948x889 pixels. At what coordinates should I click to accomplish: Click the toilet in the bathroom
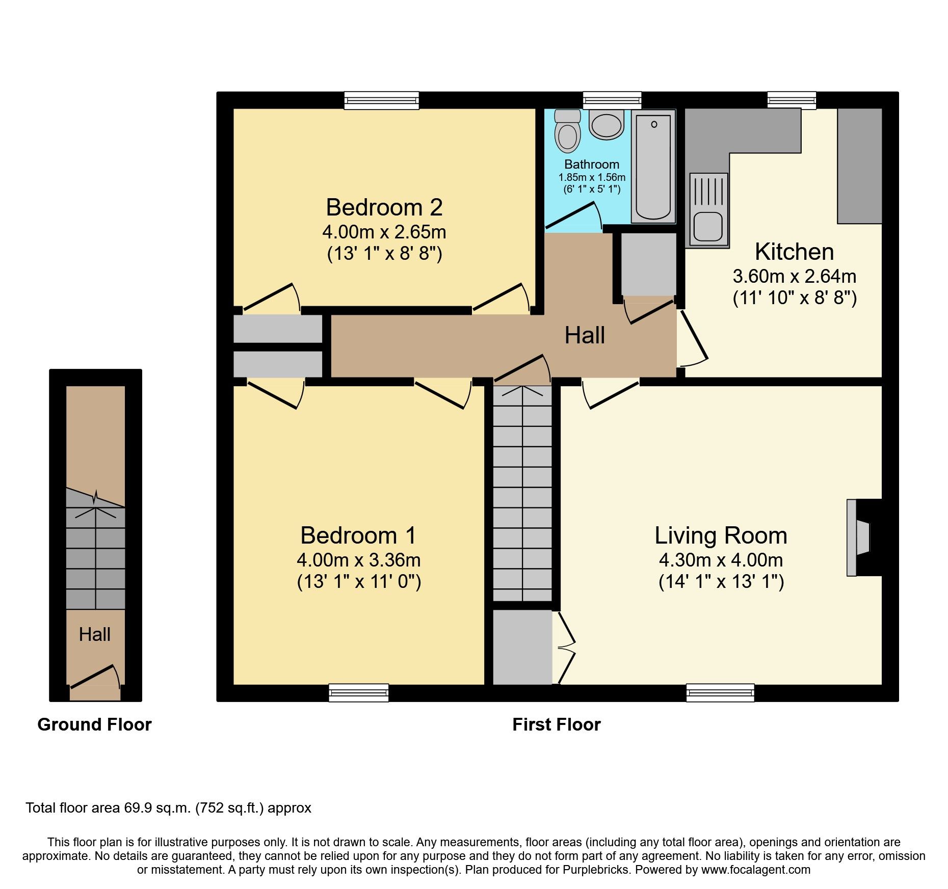567,132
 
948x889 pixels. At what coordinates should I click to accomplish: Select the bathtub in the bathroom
653,167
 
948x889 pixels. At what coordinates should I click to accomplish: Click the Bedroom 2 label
384,207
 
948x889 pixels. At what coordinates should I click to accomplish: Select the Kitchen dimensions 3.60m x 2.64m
794,276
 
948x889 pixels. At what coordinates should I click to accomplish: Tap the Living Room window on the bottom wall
720,692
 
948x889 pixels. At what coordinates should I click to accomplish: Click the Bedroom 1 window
358,692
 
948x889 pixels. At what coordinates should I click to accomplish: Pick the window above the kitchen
791,100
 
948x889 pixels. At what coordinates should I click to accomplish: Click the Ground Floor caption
94,724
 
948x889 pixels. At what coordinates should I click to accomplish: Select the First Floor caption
556,724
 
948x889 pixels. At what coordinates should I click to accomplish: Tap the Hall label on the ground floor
95,634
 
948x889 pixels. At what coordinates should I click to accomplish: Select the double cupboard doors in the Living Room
566,648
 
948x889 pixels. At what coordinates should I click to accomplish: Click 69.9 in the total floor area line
138,808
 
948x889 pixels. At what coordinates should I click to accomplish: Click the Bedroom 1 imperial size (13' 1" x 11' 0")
359,581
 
